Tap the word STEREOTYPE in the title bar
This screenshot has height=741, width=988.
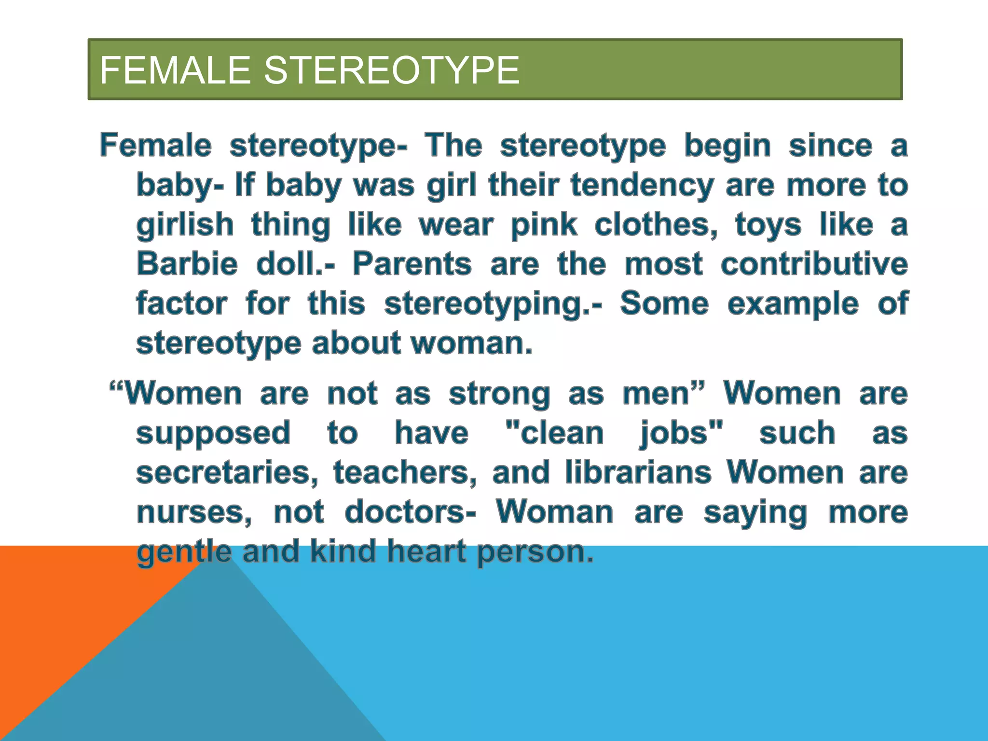[392, 70]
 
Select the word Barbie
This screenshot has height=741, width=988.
[187, 264]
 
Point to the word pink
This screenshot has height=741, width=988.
[544, 225]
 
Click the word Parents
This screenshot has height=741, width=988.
[412, 264]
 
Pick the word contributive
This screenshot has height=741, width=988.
[814, 264]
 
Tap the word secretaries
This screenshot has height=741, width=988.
[227, 472]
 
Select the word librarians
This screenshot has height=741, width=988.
[638, 472]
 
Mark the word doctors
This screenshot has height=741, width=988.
[410, 512]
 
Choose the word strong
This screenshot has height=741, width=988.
[499, 394]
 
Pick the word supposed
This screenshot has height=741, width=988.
[213, 433]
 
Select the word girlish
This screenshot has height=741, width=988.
[185, 225]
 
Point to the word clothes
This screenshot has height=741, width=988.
[656, 225]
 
